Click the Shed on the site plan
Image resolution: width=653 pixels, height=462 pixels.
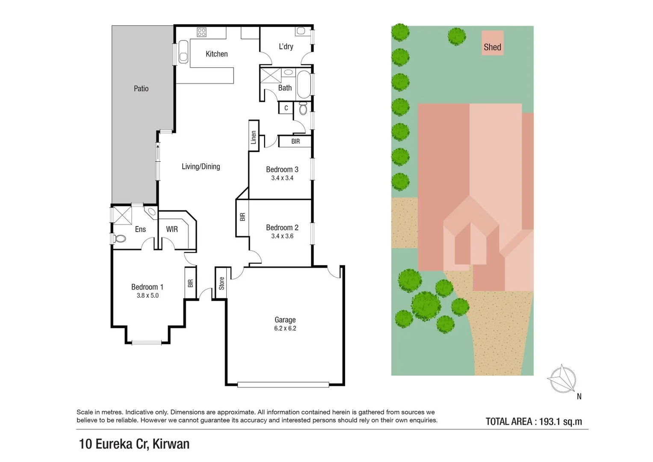click(x=492, y=43)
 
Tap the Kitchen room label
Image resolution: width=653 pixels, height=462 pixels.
click(x=216, y=54)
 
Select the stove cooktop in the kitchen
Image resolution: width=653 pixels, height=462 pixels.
click(x=201, y=32)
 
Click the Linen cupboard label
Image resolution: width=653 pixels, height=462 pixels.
click(x=254, y=137)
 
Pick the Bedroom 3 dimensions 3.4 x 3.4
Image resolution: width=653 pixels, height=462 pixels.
click(x=282, y=178)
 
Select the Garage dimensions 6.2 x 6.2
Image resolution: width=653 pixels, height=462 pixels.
click(x=285, y=329)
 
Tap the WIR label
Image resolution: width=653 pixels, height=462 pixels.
click(x=172, y=229)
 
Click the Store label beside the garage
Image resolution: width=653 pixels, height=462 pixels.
click(x=222, y=283)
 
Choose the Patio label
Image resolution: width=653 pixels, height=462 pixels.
click(x=141, y=89)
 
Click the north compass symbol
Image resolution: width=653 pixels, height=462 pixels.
click(x=563, y=379)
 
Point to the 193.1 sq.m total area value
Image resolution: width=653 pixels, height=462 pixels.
click(x=560, y=421)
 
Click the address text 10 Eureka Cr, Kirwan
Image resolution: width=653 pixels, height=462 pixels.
click(x=134, y=444)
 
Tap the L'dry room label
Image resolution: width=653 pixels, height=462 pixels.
click(x=286, y=46)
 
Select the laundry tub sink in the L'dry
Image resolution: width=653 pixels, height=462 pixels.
click(x=301, y=31)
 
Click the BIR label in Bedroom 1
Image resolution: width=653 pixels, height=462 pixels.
click(x=190, y=283)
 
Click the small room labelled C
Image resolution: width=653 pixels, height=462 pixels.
click(x=286, y=108)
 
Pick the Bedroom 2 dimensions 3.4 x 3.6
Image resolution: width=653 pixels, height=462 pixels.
click(x=282, y=236)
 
